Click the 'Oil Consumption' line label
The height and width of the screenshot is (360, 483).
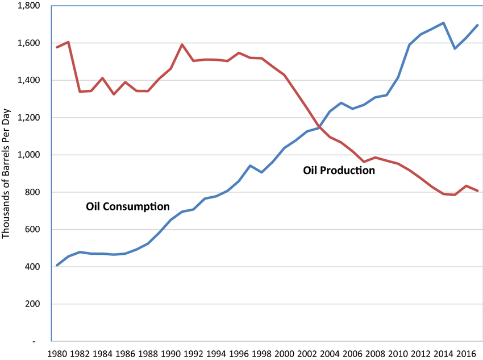coord(128,206)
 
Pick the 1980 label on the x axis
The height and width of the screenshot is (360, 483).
coord(57,353)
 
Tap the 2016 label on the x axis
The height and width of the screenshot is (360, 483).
coord(466,353)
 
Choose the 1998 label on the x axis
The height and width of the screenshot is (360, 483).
coord(261,353)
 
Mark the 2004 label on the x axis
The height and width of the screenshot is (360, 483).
coord(330,353)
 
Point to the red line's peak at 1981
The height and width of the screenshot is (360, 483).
coord(68,42)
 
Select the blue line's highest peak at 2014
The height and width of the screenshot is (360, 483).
coord(443,23)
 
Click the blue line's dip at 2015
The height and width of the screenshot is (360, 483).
coord(455,48)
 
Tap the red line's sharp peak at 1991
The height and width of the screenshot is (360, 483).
coord(182,44)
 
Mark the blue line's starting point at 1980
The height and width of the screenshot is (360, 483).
coord(57,266)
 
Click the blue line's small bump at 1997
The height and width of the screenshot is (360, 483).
coord(250,165)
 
